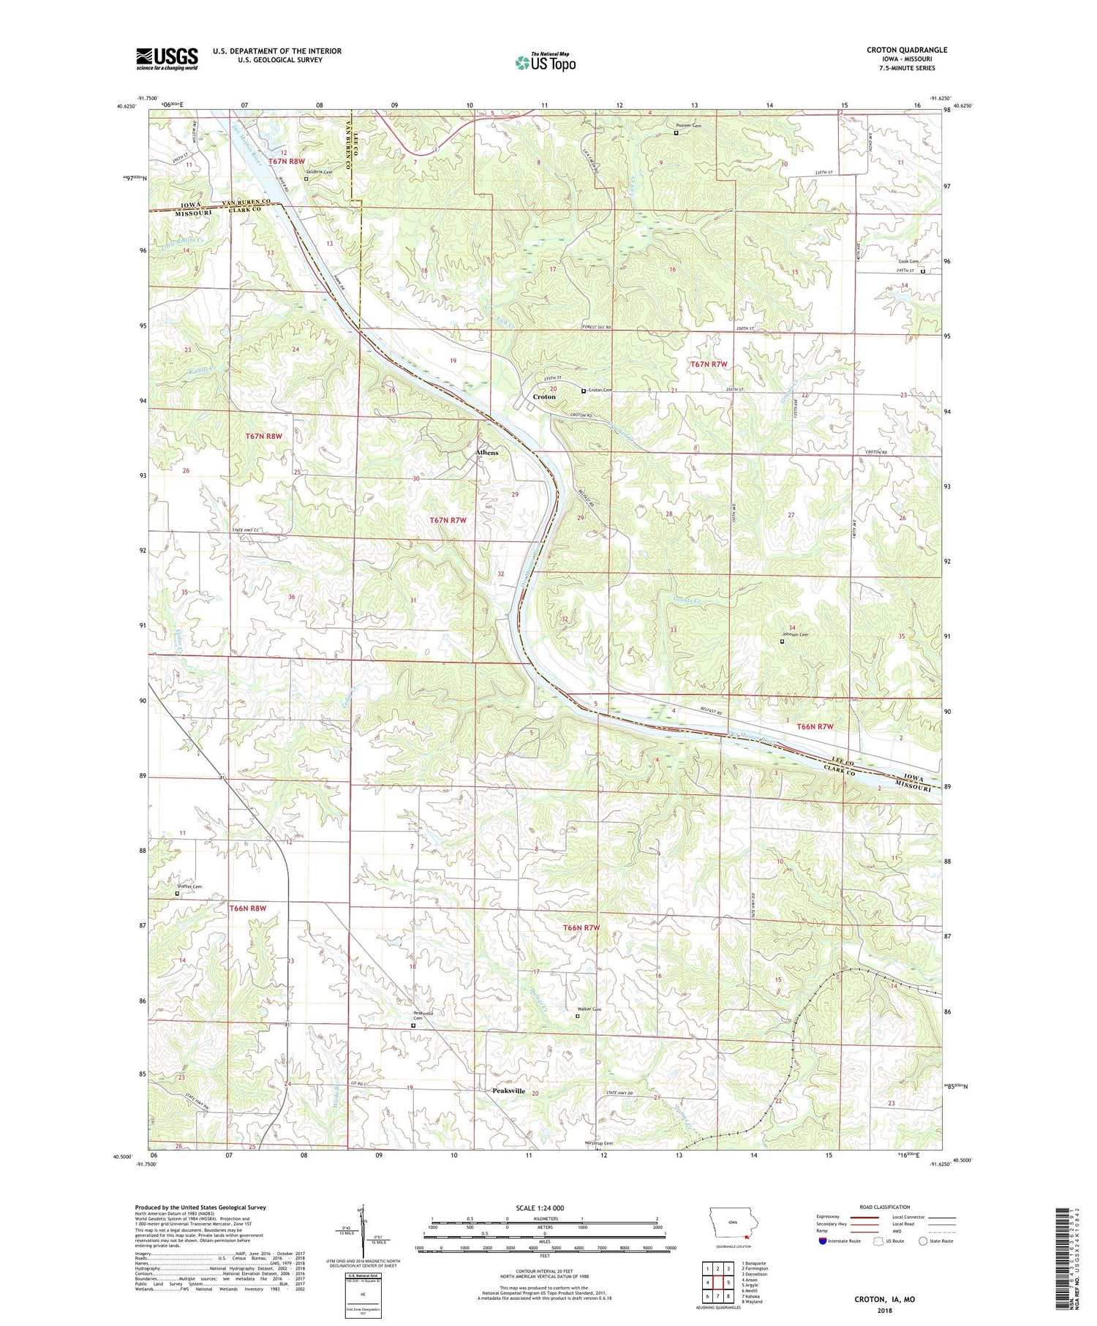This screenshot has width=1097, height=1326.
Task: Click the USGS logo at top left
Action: [x=167, y=59]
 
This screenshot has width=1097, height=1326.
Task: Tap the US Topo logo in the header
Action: [x=546, y=63]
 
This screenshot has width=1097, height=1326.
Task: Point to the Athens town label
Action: [x=487, y=453]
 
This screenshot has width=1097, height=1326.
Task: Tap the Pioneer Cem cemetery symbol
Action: [x=676, y=133]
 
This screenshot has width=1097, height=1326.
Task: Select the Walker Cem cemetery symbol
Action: [x=577, y=1016]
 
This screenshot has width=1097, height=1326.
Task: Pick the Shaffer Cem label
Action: [x=189, y=886]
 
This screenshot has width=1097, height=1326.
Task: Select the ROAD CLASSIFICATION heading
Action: [x=885, y=1207]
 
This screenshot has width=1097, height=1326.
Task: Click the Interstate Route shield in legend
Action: [x=823, y=1241]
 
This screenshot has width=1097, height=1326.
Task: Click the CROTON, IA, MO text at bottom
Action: [x=884, y=1299]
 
